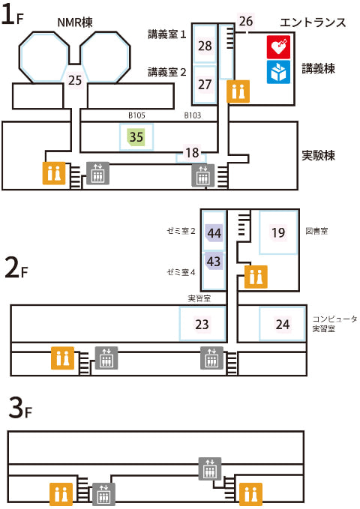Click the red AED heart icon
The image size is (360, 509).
pyautogui.click(x=278, y=47)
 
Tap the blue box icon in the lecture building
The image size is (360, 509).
pyautogui.click(x=278, y=72)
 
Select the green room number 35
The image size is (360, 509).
pyautogui.click(x=136, y=137)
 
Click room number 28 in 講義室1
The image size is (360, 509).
pyautogui.click(x=205, y=46)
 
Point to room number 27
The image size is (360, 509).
pyautogui.click(x=205, y=85)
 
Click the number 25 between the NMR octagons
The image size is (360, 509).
pyautogui.click(x=75, y=80)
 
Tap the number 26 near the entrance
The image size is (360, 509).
pyautogui.click(x=246, y=22)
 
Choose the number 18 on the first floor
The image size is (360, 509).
pyautogui.click(x=192, y=153)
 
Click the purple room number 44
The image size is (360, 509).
pyautogui.click(x=214, y=233)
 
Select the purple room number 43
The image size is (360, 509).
pyautogui.click(x=214, y=262)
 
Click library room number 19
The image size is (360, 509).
pyautogui.click(x=278, y=232)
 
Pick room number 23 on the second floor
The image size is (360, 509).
pyautogui.click(x=202, y=325)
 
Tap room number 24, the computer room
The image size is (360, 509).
pyautogui.click(x=282, y=325)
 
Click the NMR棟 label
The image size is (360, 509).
pyautogui.click(x=75, y=22)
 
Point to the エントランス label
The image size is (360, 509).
pyautogui.click(x=313, y=22)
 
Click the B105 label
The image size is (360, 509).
pyautogui.click(x=136, y=115)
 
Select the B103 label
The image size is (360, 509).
pyautogui.click(x=193, y=115)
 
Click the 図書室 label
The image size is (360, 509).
pyautogui.click(x=316, y=231)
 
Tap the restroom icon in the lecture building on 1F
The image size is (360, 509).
pyautogui.click(x=238, y=91)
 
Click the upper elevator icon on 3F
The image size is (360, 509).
pyautogui.click(x=210, y=469)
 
